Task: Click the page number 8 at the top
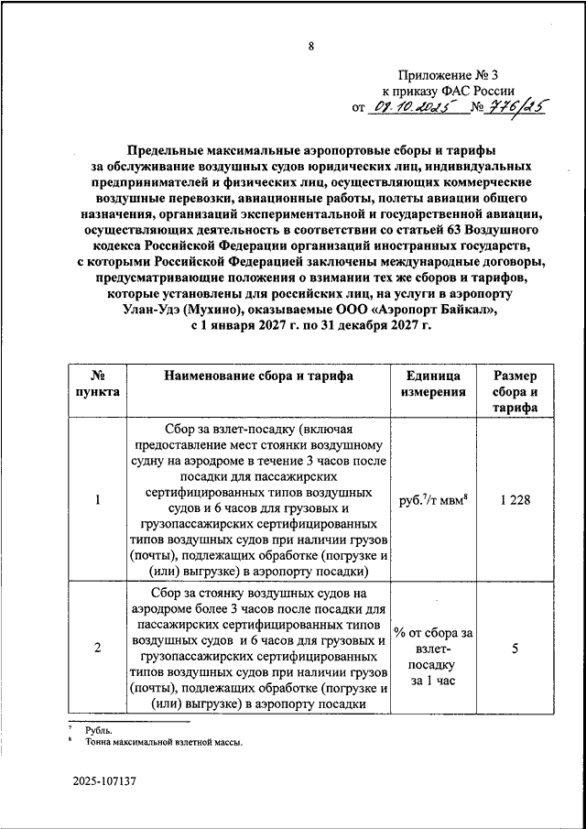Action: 310,48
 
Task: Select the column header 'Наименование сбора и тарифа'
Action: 259,376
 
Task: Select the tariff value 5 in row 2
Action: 515,649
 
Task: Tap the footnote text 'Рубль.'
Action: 101,730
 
